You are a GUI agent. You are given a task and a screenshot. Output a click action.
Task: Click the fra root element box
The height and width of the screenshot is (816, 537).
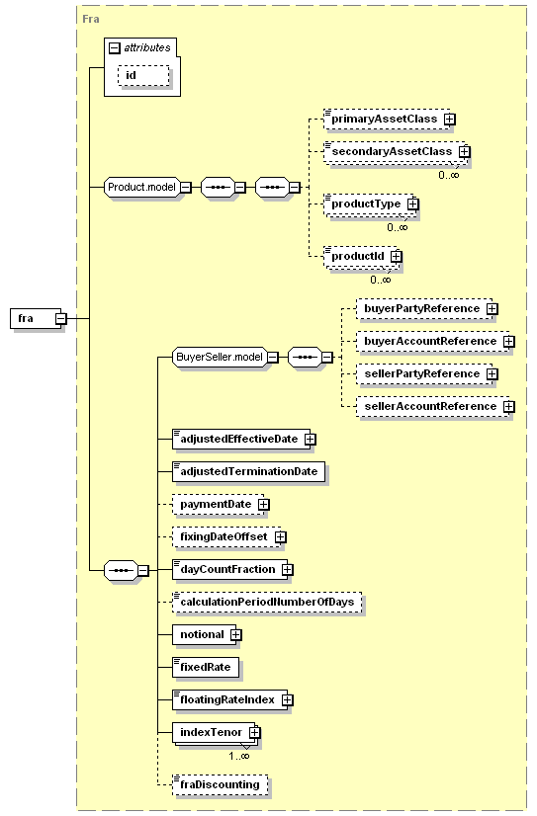point(36,318)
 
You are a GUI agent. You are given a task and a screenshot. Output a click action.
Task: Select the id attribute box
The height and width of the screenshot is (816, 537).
point(143,75)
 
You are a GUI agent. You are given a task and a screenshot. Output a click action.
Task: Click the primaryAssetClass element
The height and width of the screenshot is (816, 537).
point(387,120)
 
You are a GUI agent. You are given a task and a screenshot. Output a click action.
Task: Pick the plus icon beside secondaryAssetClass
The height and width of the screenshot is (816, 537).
point(464,151)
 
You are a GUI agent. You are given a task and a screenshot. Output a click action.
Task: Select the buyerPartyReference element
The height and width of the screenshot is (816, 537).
point(424,308)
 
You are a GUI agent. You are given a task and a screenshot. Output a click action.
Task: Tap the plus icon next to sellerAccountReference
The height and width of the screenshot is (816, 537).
point(509,406)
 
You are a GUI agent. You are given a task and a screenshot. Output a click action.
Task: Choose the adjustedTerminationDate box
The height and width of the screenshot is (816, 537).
point(248,471)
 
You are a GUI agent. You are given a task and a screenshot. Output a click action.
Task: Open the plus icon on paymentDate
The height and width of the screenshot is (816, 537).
point(263,504)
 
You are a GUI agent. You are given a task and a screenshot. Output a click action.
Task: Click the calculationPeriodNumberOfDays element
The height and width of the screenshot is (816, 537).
point(267,602)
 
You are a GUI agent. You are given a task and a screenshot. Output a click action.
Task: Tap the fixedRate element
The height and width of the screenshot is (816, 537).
point(206,667)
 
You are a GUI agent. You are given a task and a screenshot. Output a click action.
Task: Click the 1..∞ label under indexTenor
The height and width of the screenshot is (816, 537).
point(239,756)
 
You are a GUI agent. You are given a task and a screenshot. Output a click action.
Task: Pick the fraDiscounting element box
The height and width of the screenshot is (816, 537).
point(220,784)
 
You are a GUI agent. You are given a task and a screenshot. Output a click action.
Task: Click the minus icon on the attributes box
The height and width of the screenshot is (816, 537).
point(114,48)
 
